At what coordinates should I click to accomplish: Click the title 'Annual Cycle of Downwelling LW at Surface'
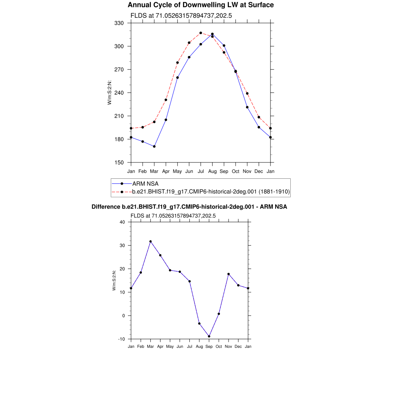(x=201, y=5)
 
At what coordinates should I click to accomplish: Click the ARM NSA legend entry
(x=145, y=183)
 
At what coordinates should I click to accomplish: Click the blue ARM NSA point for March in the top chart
(x=154, y=147)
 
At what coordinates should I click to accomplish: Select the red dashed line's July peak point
(x=201, y=33)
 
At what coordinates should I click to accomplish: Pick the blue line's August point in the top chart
(x=212, y=34)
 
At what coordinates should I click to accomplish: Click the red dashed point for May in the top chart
(x=178, y=63)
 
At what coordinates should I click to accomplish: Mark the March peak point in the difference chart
(x=150, y=242)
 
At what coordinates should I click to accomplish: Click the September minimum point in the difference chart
(x=209, y=337)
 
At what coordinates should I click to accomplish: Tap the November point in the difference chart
(x=229, y=274)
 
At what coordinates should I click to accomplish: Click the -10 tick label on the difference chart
(x=121, y=339)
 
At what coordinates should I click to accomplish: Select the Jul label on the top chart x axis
(x=201, y=171)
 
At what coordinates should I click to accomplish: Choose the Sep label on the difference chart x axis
(x=209, y=346)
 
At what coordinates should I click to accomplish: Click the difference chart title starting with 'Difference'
(x=189, y=207)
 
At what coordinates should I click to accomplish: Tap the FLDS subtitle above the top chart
(x=181, y=16)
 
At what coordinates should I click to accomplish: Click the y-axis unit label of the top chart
(x=110, y=93)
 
